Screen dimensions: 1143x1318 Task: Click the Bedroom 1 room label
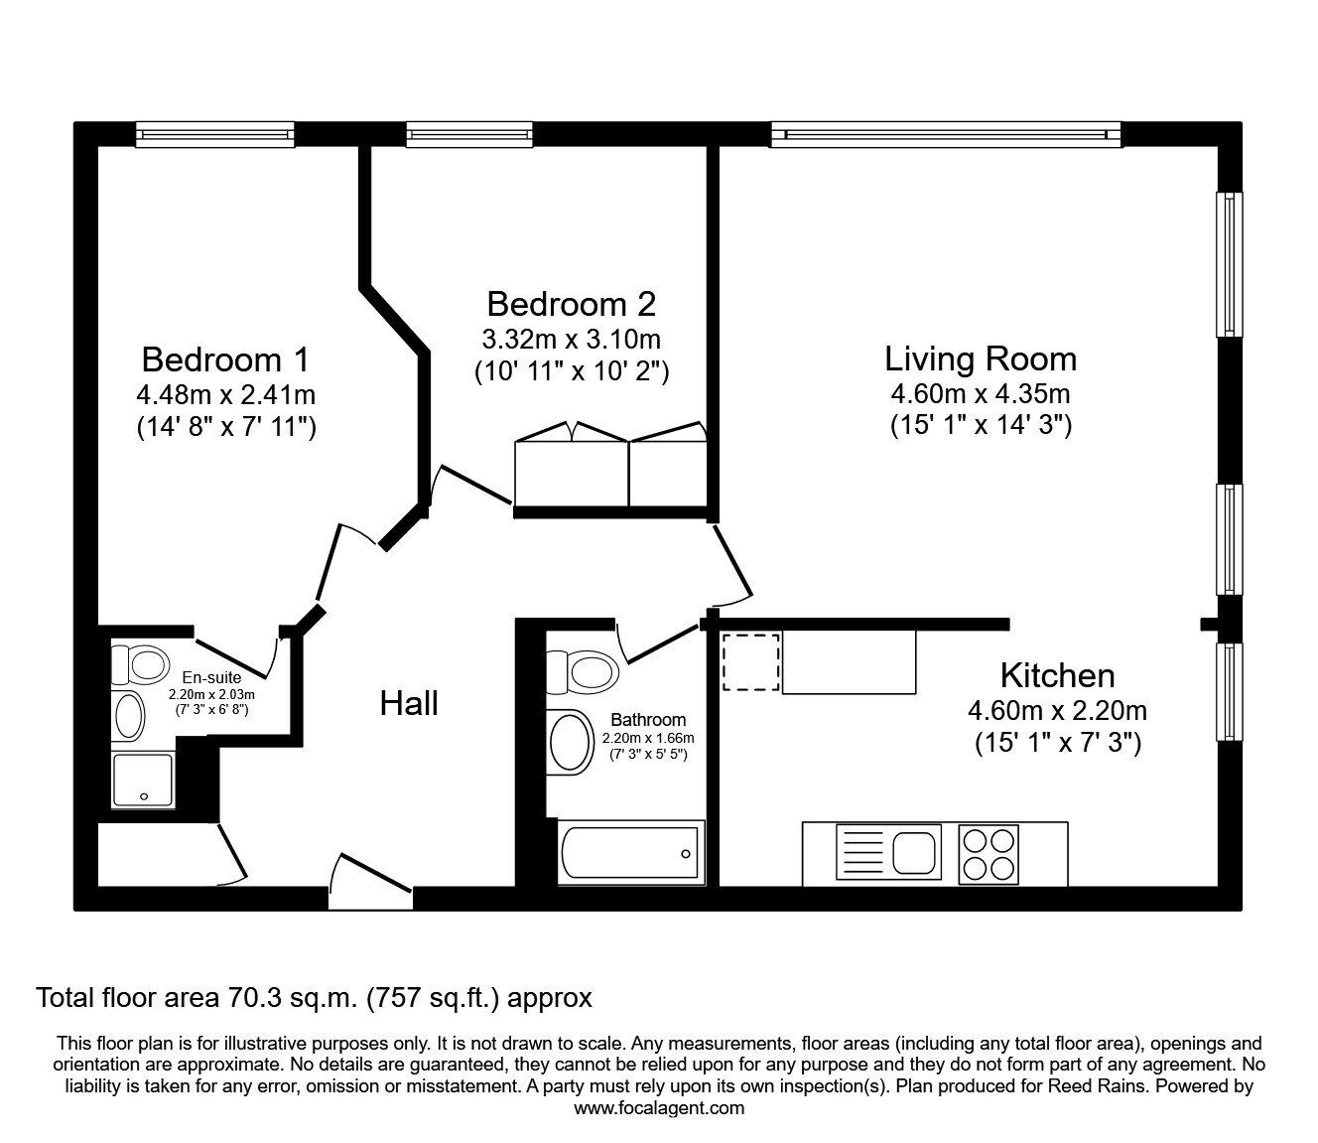[x=225, y=358]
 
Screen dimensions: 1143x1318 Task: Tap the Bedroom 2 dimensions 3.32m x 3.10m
[x=571, y=340]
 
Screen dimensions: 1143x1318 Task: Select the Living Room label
[x=980, y=358]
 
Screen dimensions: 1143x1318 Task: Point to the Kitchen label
[x=1057, y=675]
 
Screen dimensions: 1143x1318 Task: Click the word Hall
[x=409, y=704]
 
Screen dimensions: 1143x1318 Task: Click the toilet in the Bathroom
[x=583, y=672]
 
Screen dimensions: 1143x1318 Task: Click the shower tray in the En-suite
[x=144, y=781]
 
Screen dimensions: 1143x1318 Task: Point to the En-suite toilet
[x=140, y=662]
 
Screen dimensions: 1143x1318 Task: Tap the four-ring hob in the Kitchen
[x=989, y=853]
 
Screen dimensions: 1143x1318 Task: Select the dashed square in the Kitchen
[x=750, y=661]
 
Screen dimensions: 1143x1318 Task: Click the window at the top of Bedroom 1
[x=215, y=134]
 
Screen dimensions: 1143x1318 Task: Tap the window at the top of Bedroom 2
[x=469, y=134]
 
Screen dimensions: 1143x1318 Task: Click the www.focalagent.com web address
[x=659, y=1108]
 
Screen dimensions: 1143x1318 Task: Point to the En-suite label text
[x=210, y=680]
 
